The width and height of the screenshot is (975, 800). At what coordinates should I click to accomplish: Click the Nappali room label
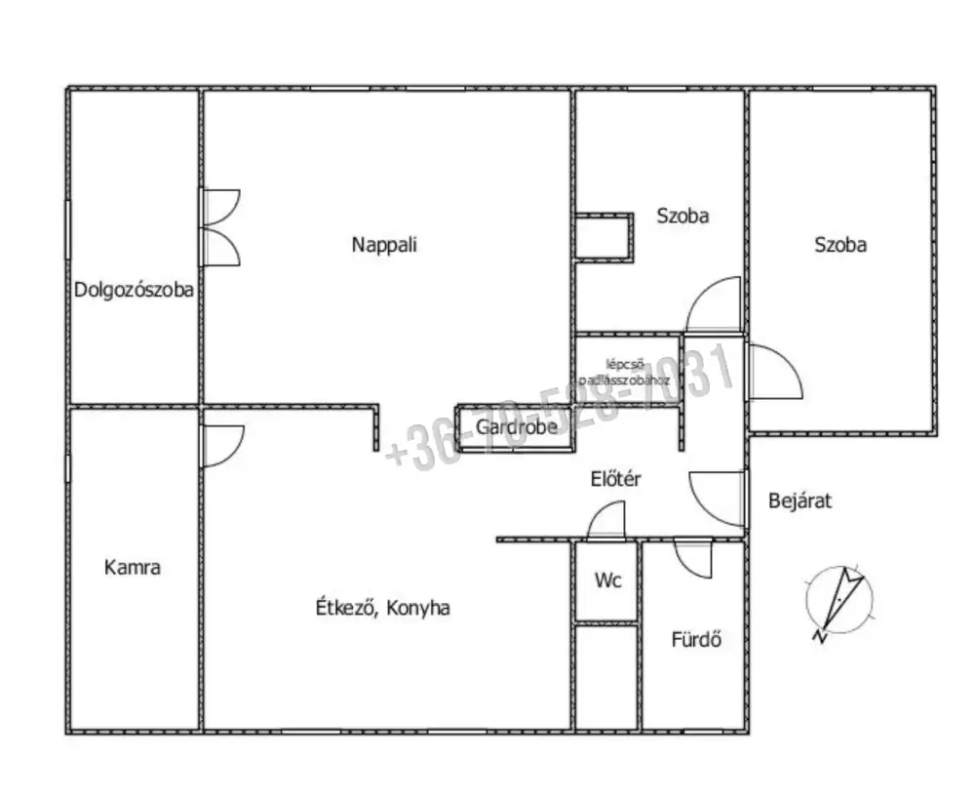384,245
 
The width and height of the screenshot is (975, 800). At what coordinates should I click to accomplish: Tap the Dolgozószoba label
134,290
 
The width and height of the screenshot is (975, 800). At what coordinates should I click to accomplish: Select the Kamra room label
132,568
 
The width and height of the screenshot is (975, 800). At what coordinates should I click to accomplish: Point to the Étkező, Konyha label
382,608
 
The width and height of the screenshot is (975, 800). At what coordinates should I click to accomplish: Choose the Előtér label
615,479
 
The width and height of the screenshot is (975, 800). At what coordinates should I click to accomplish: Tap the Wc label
606,580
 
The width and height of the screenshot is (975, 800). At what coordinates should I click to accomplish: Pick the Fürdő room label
696,641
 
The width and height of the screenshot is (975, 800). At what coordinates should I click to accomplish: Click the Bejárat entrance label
799,501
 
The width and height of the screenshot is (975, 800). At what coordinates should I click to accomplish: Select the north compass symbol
838,600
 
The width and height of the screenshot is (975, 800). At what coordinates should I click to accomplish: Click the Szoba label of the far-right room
840,245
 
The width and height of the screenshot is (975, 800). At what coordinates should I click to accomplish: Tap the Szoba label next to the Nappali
682,217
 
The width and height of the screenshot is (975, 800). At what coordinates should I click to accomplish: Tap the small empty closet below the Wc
606,676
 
